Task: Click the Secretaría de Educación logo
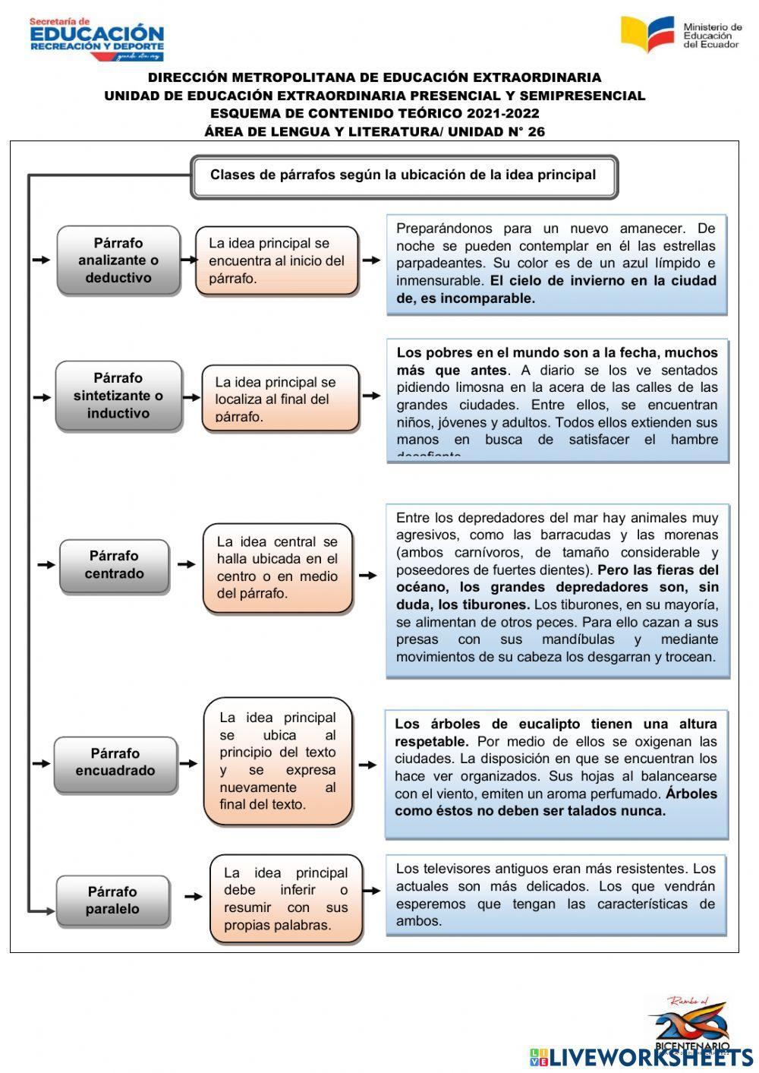point(96,38)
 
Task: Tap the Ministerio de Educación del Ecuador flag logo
point(647,33)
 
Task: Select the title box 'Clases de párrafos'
point(404,176)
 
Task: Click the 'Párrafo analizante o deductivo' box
point(118,260)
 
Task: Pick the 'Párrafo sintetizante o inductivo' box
point(118,396)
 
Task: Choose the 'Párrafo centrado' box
point(114,565)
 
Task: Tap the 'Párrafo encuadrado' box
point(115,762)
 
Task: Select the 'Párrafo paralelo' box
point(112,901)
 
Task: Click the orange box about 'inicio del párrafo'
point(276,260)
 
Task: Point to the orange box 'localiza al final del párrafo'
point(279,399)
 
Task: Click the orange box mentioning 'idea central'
point(278,567)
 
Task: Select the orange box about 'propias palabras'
point(285,899)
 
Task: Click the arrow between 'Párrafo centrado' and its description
point(186,564)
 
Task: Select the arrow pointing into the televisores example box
point(372,891)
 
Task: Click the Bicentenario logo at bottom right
point(689,1025)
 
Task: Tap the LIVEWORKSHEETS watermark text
point(650,1056)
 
